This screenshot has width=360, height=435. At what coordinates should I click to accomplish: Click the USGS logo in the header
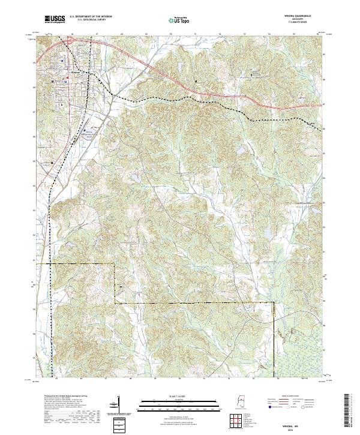[55, 20]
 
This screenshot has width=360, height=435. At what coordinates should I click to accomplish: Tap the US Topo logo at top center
[179, 20]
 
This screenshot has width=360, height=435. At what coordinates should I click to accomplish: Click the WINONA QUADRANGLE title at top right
[298, 17]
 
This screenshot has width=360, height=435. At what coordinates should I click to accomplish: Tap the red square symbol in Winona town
[68, 76]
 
